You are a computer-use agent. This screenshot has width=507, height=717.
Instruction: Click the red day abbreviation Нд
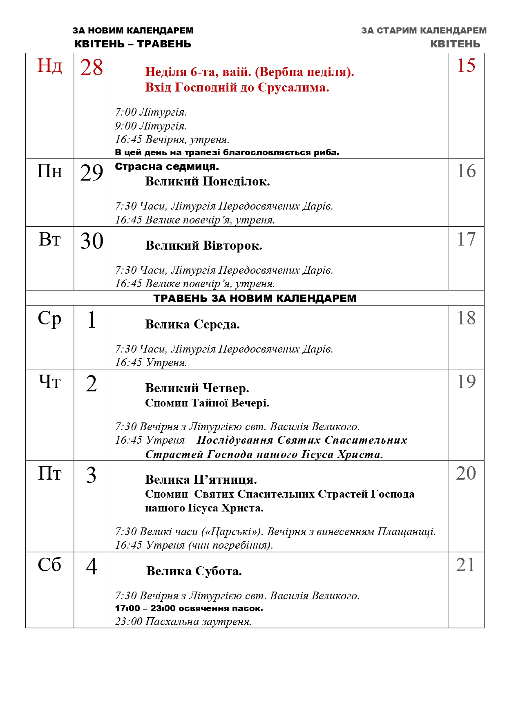49,66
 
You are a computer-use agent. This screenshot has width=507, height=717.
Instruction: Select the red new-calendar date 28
92,68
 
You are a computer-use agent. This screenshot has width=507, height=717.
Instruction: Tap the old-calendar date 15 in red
466,66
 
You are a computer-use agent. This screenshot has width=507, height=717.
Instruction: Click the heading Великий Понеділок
207,181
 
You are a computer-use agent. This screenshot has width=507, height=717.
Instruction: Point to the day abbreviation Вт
49,240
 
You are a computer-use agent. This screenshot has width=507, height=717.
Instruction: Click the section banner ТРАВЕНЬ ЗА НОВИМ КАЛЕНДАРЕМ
255,298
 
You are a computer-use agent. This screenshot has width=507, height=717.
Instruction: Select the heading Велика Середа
192,324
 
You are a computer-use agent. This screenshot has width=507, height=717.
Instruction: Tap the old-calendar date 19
466,382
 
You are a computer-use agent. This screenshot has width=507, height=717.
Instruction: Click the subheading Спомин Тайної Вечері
207,403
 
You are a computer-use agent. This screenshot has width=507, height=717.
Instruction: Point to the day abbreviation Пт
49,474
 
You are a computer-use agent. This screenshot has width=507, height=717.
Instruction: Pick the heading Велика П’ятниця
201,479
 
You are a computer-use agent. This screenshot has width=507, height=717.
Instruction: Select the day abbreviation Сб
49,565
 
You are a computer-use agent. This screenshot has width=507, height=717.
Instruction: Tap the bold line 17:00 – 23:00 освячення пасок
189,608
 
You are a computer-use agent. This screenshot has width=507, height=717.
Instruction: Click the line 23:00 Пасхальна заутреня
183,622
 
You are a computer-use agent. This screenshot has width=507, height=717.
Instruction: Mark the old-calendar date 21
466,565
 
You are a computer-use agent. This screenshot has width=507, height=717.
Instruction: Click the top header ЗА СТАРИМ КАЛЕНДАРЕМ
424,31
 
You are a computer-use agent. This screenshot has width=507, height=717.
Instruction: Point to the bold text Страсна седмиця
167,167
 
